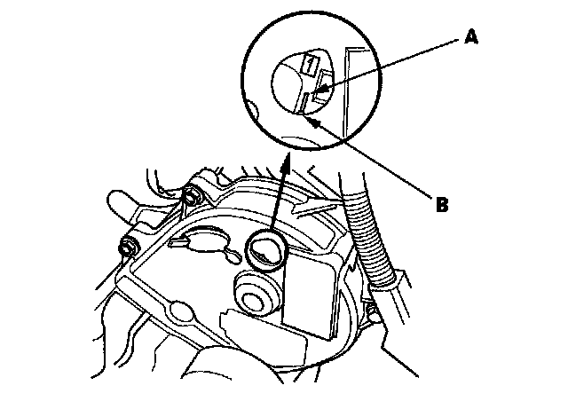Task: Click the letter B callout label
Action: point(442,207)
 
